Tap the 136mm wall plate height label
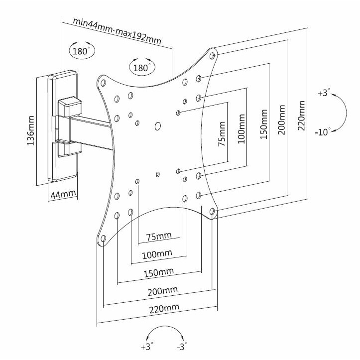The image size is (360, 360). tap(31, 130)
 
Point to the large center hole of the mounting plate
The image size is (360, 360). tap(158, 126)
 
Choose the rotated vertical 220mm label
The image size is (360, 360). tap(301, 116)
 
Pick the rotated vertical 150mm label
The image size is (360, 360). tap(264, 128)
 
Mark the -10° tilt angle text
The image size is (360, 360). tap(323, 132)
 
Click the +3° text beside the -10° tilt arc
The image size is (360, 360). tap(323, 93)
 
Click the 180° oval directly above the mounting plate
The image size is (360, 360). tap(142, 67)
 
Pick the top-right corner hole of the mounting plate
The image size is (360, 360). tap(213, 55)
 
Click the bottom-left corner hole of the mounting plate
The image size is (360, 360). tap(104, 240)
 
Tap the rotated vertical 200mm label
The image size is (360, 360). tap(282, 122)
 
